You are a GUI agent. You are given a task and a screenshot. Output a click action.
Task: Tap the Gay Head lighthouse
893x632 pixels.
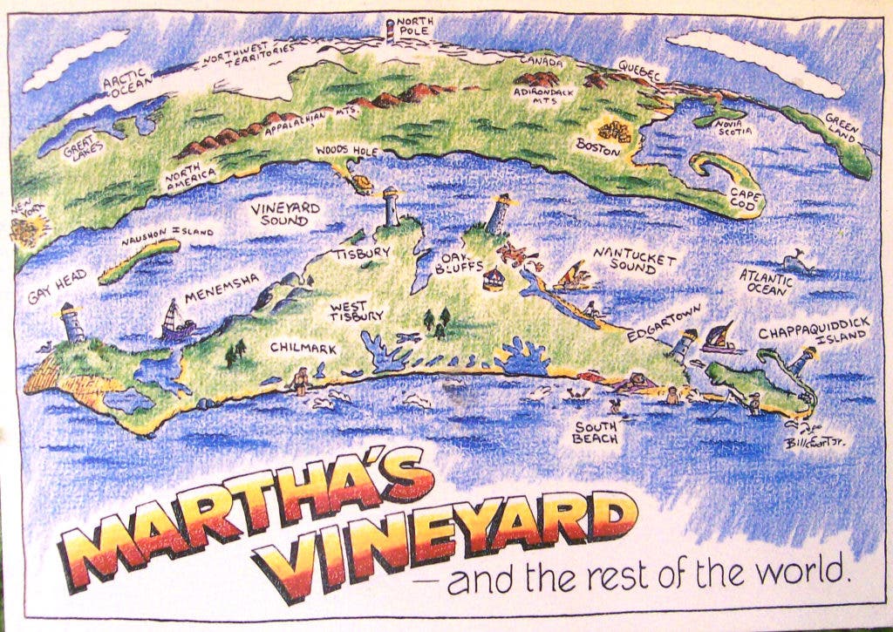71,323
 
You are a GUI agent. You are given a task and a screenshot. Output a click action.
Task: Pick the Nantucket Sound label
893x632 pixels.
636,258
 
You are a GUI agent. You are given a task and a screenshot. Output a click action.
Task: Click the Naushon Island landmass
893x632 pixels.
140,261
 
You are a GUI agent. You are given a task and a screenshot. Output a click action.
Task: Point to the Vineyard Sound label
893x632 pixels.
285,214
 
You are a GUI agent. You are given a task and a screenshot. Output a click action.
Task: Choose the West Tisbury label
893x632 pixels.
355,311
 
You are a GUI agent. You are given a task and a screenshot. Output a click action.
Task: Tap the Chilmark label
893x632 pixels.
303,349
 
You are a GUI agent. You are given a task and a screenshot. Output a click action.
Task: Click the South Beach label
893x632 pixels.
596,432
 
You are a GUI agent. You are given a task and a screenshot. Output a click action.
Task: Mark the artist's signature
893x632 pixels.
815,443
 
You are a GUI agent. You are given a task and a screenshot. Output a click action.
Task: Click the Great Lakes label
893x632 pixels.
84,147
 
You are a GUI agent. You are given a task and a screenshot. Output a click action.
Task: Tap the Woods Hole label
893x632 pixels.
346,152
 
